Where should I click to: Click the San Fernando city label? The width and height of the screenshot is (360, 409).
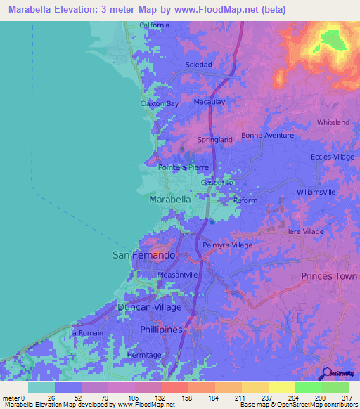[x=144, y=256]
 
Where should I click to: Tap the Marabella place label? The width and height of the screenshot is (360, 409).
[x=170, y=200]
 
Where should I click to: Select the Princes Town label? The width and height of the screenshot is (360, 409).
[x=329, y=276]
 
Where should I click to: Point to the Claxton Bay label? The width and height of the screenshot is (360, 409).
[x=160, y=103]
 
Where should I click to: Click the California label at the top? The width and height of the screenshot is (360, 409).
[x=154, y=25]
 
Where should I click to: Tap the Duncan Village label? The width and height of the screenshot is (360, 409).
[x=148, y=308]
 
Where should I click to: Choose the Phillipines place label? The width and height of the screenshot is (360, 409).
[x=160, y=330]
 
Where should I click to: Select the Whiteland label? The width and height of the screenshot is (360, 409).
[x=333, y=122]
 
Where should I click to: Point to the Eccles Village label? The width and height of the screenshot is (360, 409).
[x=333, y=157]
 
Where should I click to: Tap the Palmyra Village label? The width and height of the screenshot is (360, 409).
[x=227, y=245]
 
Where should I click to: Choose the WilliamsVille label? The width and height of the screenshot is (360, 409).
[x=316, y=192]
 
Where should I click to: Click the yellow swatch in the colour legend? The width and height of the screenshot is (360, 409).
[x=281, y=387]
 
